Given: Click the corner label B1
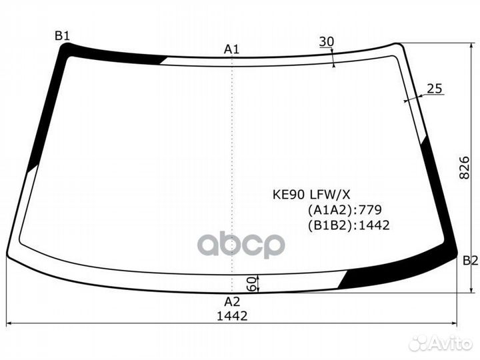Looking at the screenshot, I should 62,36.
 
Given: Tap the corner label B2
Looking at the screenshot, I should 470,260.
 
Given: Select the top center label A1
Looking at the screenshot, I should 231,49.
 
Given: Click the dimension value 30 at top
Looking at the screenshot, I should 326,42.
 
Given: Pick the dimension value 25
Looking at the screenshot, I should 435,89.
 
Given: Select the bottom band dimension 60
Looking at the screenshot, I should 252,283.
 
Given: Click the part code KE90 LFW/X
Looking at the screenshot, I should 309,195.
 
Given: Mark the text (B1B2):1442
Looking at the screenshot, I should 348,225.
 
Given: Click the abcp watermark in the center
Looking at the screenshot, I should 241,245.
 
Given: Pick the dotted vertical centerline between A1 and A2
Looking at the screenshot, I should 231,167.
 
